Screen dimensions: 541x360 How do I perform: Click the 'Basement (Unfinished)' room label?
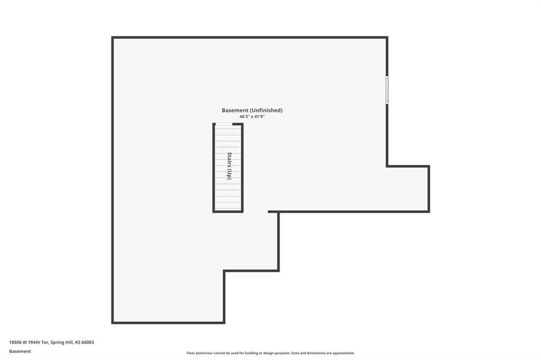pos(252,110)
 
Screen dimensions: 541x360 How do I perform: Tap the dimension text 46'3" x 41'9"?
pos(252,117)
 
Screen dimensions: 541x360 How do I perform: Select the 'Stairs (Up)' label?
pos(229,166)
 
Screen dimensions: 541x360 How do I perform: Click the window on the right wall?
pos(387,90)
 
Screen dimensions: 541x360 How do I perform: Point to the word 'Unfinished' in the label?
pos(266,110)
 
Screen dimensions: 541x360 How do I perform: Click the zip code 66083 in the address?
pos(88,343)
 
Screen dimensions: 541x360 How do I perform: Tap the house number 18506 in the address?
pos(15,343)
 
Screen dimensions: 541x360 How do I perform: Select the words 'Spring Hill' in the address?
pos(62,343)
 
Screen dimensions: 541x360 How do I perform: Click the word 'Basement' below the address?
pos(20,352)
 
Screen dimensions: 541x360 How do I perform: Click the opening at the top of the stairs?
pos(224,124)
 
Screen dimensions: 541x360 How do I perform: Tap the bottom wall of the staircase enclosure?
pos(228,211)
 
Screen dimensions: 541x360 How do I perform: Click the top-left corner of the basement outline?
pos(113,37)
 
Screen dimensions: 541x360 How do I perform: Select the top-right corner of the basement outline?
pos(387,37)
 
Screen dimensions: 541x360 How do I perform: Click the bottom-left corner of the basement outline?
pos(113,323)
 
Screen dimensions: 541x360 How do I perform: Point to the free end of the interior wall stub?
pos(269,212)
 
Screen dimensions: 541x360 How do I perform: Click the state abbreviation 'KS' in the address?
pos(77,343)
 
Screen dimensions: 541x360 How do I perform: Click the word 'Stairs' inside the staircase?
pos(229,159)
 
